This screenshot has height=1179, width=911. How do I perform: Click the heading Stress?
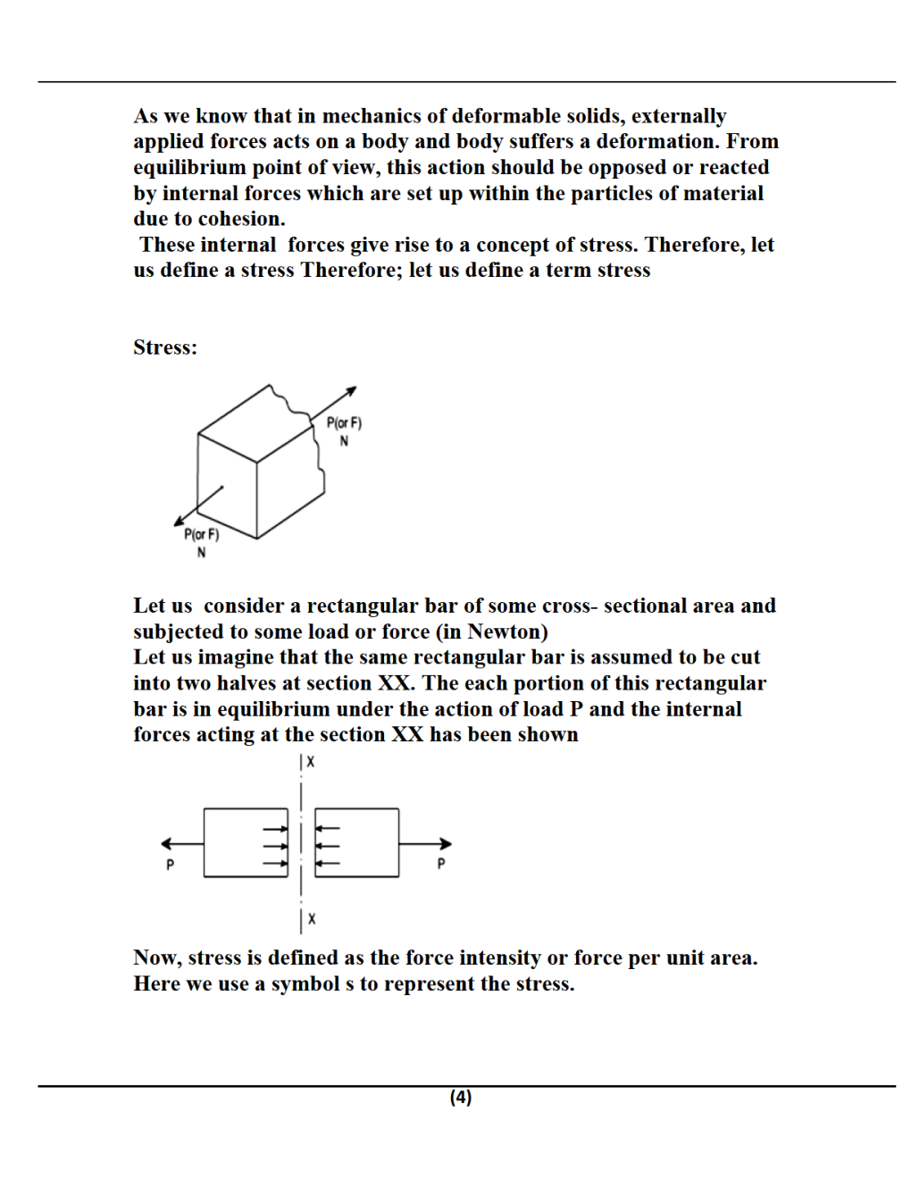click(x=165, y=347)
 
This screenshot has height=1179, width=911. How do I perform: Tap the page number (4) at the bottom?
click(x=460, y=1097)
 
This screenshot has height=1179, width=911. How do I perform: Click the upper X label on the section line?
click(x=311, y=762)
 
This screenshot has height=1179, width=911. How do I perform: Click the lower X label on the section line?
click(x=312, y=918)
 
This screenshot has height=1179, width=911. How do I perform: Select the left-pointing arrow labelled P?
click(x=182, y=843)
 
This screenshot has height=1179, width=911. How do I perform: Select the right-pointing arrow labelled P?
click(x=426, y=843)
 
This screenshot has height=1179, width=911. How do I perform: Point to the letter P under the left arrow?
click(x=170, y=864)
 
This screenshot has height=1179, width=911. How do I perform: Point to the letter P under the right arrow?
click(x=440, y=864)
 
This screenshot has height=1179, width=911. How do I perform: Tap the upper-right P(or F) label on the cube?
click(x=344, y=423)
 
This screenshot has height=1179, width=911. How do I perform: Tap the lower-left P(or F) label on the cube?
click(x=201, y=535)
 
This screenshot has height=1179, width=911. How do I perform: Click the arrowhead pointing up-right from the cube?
click(x=351, y=390)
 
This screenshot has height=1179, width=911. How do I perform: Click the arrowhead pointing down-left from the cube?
click(x=180, y=521)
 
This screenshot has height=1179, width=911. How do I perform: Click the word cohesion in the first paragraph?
click(x=244, y=219)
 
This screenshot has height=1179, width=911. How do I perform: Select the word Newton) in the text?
click(x=507, y=631)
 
